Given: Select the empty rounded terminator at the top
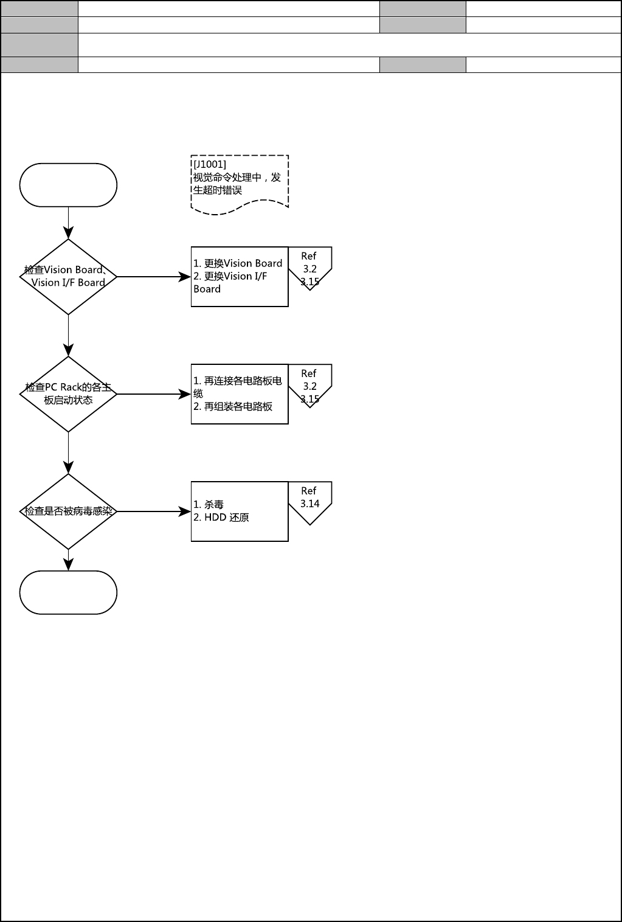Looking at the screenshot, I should click(68, 185).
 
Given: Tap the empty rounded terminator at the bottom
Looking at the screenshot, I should click(68, 592).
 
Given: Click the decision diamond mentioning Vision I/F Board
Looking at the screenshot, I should click(68, 277).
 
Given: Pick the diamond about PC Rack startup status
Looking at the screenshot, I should click(68, 394).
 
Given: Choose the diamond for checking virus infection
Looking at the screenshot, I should click(68, 511).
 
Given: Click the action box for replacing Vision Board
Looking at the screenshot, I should click(240, 277).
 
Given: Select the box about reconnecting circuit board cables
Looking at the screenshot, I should click(240, 394).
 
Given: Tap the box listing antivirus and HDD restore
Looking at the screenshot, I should click(240, 511).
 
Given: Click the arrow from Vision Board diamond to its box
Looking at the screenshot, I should click(153, 277).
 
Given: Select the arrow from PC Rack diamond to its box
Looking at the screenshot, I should click(153, 394).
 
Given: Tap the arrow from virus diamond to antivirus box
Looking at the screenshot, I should click(153, 511).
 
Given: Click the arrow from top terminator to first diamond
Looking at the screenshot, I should click(68, 223).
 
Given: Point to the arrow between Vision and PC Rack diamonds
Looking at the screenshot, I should click(68, 335).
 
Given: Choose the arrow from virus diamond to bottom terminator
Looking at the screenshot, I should click(68, 560).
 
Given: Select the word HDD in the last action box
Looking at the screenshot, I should click(215, 518).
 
